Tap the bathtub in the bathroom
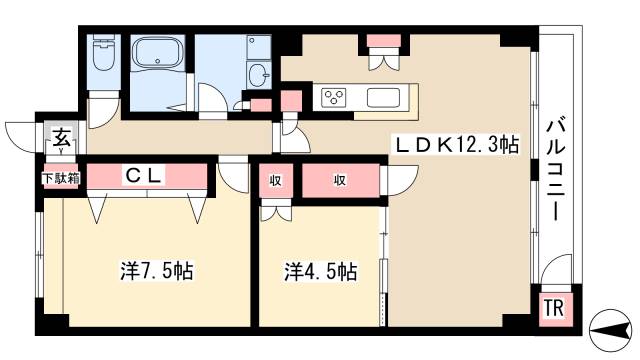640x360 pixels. click(158, 57)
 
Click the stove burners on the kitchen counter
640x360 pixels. click(334, 98)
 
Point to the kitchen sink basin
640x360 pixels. click(384, 98)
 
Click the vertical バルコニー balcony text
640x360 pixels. click(553, 171)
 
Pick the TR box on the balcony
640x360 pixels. click(553, 309)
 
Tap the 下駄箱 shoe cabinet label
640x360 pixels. click(60, 178)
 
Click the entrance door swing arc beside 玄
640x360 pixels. click(22, 133)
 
